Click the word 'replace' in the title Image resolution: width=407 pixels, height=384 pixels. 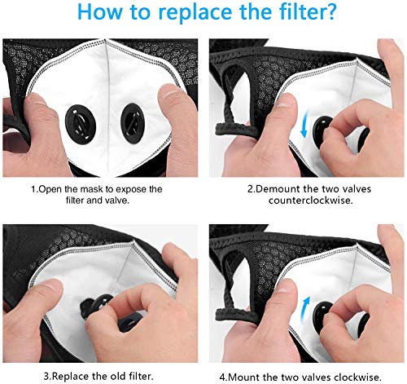click(190, 15)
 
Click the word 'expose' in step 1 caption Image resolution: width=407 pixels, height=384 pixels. click(142, 188)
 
